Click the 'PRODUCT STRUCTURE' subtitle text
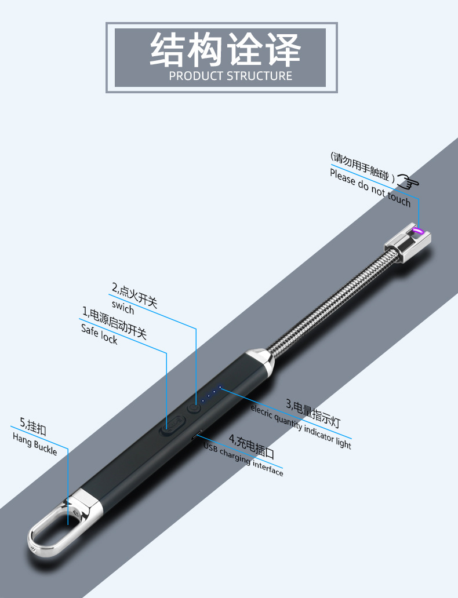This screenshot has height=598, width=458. point(231,75)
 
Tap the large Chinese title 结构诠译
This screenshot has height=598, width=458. point(226,50)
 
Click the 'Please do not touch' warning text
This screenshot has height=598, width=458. point(370,188)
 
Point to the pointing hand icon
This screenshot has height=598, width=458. point(408,181)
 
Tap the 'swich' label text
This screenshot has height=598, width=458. point(123,307)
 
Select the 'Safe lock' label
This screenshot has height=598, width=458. point(99,334)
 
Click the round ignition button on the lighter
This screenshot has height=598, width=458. point(194,408)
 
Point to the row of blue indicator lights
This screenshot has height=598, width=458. point(211,394)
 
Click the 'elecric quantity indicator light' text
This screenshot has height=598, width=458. point(301,426)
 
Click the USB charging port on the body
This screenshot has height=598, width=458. point(197,435)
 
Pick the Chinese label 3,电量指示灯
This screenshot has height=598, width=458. point(313,413)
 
